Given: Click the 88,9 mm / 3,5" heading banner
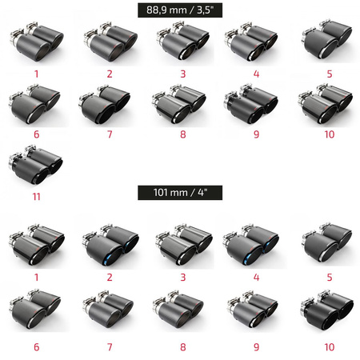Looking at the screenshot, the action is click(x=180, y=10).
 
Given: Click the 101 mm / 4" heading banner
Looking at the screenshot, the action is click(x=180, y=193).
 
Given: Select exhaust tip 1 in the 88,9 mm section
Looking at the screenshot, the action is click(x=37, y=42).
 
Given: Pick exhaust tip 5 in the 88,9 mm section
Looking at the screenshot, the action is click(x=327, y=40).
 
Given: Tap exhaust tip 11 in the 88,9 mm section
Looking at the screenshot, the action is click(x=36, y=165).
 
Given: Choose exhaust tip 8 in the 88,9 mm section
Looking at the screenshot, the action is click(x=179, y=104).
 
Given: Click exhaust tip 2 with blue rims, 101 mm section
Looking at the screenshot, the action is click(x=110, y=245).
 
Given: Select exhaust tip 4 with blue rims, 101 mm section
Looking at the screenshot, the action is click(x=251, y=245).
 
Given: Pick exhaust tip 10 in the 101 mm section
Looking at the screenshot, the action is click(x=327, y=310).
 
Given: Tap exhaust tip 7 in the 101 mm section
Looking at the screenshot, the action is click(x=108, y=310).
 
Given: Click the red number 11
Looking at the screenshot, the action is click(x=36, y=197).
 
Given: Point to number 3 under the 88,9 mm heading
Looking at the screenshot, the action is click(x=183, y=74).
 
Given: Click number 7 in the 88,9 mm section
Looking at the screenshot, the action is click(x=110, y=134).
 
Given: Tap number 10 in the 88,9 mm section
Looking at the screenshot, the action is click(x=330, y=134).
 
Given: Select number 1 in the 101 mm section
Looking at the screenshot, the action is click(x=36, y=278).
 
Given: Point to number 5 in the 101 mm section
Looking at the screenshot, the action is click(x=330, y=278).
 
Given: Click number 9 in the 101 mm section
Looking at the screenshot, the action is click(x=256, y=347).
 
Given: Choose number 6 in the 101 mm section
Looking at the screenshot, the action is click(x=36, y=347).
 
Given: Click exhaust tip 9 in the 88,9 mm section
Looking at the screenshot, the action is click(x=251, y=104).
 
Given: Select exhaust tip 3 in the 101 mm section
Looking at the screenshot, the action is click(x=184, y=245).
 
